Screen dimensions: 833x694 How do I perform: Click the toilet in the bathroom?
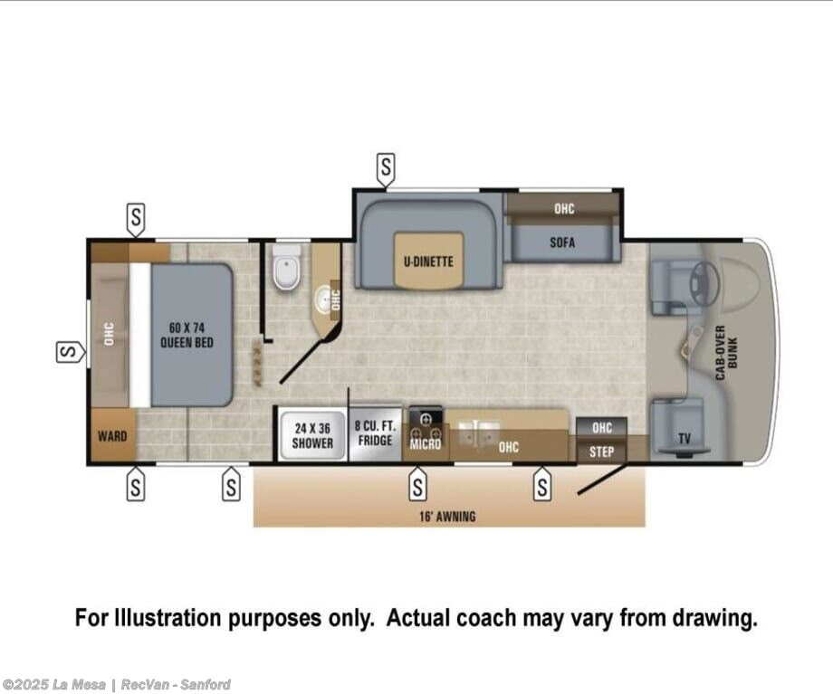(286, 267)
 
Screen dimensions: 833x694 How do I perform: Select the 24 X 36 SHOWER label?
(312, 435)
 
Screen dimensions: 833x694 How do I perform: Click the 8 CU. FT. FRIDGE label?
(375, 433)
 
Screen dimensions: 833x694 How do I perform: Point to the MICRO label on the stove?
(425, 444)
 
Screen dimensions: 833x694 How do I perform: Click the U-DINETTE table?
(428, 261)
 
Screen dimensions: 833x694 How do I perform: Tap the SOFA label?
(562, 242)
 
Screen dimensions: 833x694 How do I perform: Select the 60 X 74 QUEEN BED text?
(187, 335)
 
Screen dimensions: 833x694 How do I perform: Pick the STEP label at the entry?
(601, 452)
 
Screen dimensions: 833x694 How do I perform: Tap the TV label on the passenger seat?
(685, 439)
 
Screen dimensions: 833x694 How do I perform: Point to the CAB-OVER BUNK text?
(726, 352)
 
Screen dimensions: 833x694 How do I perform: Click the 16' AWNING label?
(447, 516)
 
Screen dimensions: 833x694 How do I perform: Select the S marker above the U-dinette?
(387, 167)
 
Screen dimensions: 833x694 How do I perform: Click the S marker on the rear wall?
(69, 351)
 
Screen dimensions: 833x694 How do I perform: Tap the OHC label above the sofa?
(564, 208)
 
